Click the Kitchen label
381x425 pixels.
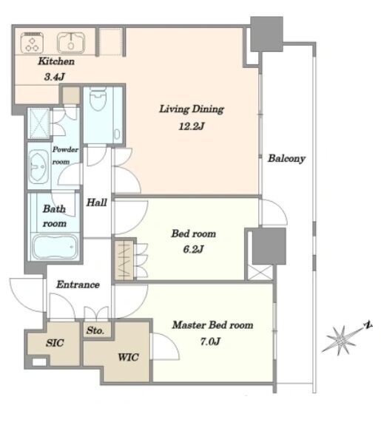(x=56, y=61)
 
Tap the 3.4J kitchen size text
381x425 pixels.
(x=55, y=77)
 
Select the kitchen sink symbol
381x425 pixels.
(x=71, y=43)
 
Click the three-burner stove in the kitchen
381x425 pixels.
(x=33, y=42)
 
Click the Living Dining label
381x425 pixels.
(x=192, y=109)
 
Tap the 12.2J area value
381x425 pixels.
(x=192, y=126)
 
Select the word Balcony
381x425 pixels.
(x=287, y=159)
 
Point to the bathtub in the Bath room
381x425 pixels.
(x=55, y=247)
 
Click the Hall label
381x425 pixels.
(x=97, y=203)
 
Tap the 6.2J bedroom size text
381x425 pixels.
(x=193, y=249)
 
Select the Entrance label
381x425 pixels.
(x=78, y=285)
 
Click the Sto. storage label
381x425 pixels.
(x=95, y=330)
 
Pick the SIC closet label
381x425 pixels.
(x=55, y=343)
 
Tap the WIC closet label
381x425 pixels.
(x=128, y=357)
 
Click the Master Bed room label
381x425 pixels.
(x=213, y=325)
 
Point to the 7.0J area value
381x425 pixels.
(x=210, y=341)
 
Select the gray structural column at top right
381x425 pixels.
(x=267, y=34)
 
